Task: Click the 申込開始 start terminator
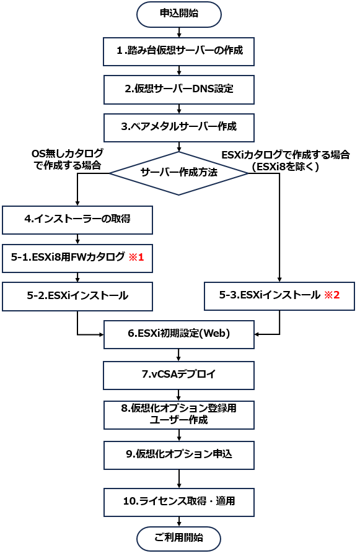[179, 14]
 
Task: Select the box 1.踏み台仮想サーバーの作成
[178, 51]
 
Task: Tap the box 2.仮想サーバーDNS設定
[179, 89]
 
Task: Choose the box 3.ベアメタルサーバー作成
[179, 128]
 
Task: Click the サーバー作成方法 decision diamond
[178, 173]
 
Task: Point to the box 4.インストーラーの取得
[77, 220]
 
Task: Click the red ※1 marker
[136, 257]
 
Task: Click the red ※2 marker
[332, 295]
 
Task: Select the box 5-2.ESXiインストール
[77, 297]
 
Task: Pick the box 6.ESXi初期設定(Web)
[179, 334]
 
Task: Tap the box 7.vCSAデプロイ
[178, 375]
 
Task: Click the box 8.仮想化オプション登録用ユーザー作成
[179, 415]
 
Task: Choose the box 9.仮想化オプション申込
[179, 455]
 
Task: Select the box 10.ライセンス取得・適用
[179, 502]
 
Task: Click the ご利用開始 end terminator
[178, 539]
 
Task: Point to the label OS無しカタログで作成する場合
[68, 159]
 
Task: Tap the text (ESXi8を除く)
[286, 167]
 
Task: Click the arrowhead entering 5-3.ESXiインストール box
[279, 280]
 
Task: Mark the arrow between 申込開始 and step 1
[179, 32]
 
